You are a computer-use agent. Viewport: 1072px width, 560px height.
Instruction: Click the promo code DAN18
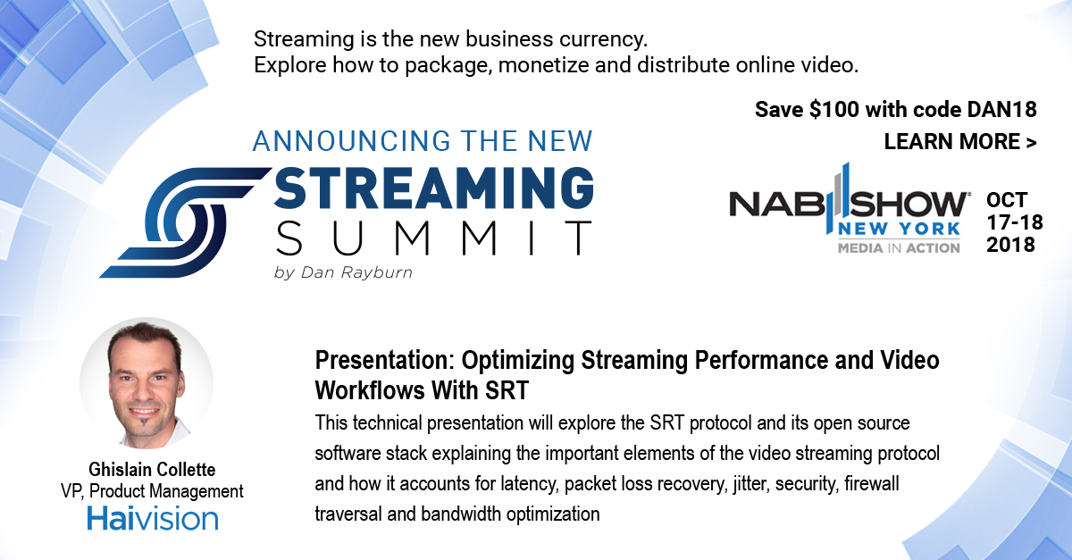[x=1001, y=110]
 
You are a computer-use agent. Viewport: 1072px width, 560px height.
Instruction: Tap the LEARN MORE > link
[x=960, y=142]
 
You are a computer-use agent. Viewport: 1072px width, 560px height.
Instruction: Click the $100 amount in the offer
[x=834, y=110]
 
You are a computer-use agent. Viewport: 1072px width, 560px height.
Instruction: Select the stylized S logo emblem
[x=184, y=222]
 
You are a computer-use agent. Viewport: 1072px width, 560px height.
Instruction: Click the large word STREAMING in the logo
[x=433, y=188]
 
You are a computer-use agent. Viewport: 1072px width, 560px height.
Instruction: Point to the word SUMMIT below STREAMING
[x=433, y=238]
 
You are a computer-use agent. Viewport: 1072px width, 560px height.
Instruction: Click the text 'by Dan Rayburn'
[x=343, y=272]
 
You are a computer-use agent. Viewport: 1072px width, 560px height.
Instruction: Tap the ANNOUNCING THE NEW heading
[x=423, y=141]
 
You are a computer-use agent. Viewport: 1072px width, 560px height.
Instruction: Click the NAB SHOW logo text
[x=848, y=204]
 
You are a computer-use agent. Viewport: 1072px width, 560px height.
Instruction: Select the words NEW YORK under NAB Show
[x=899, y=230]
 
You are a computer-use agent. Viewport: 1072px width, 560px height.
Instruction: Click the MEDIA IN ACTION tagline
[x=899, y=248]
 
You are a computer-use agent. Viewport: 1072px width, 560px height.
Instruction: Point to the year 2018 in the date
[x=1010, y=245]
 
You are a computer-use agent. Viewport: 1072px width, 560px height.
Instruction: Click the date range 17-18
[x=1015, y=222]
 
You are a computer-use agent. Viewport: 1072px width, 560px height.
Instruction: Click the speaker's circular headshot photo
[x=147, y=383]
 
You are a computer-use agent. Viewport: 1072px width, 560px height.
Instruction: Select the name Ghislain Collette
[x=152, y=470]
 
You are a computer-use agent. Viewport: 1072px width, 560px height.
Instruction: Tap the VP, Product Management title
[x=152, y=491]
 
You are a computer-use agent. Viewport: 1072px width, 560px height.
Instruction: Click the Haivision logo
[x=153, y=519]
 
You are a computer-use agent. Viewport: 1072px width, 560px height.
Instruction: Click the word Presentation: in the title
[x=384, y=361]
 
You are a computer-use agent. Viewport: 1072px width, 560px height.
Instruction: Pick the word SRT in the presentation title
[x=507, y=390]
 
